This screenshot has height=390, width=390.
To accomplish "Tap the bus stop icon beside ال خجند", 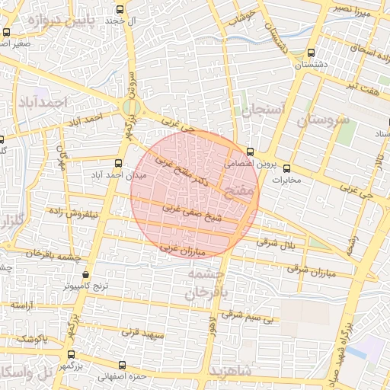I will [119, 9].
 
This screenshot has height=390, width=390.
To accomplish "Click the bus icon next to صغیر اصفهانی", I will [7, 32].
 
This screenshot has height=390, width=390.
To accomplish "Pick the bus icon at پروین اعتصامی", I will [250, 152].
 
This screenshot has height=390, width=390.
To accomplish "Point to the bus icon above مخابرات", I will [286, 168].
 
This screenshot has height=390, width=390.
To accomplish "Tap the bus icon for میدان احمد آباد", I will [117, 163].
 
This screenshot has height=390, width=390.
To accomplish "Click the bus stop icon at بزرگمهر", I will [71, 354].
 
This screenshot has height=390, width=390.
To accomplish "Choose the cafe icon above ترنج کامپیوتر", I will [85, 274].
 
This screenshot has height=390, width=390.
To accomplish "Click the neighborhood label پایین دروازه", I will [62, 21].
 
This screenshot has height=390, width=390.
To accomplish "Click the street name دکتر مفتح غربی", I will [182, 171].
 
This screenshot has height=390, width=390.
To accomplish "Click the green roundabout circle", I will [127, 107].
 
